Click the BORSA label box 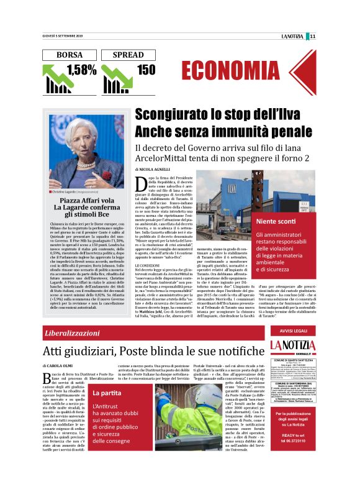69,55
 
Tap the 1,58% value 81,70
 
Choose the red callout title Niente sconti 272,221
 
